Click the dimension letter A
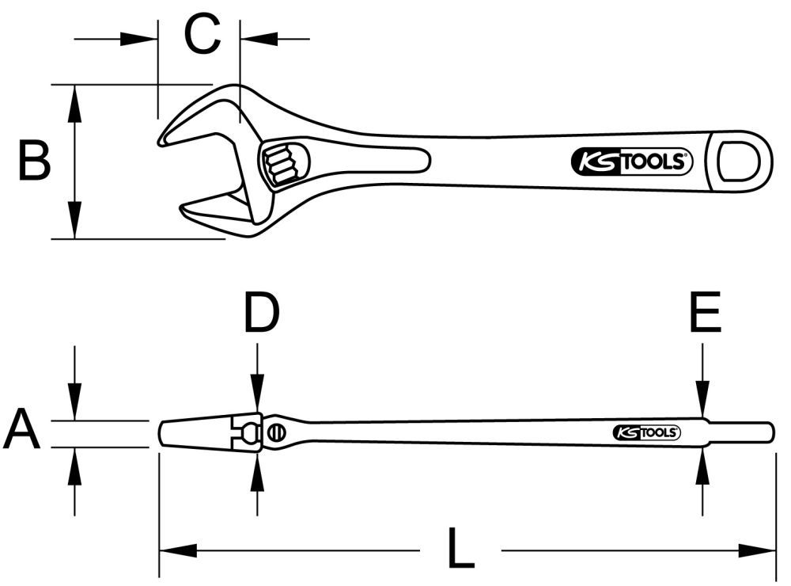click(22, 432)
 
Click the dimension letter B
click(35, 161)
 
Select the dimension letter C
click(202, 35)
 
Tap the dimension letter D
click(261, 314)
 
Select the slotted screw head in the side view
click(277, 432)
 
